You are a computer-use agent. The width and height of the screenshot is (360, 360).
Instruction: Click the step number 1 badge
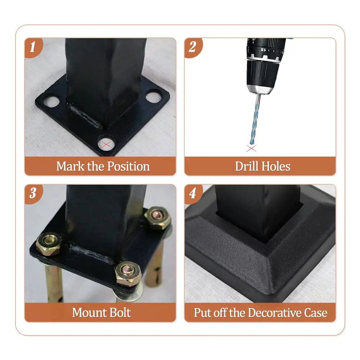[x=33, y=46]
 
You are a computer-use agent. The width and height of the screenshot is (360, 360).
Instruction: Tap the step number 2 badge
[x=193, y=46]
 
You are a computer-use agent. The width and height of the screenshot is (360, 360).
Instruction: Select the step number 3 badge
[x=33, y=193]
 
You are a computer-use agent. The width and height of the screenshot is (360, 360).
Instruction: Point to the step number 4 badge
[x=193, y=193]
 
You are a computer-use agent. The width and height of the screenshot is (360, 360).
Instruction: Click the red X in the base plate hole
[x=106, y=145]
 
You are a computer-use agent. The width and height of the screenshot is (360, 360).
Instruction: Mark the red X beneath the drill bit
[x=251, y=148]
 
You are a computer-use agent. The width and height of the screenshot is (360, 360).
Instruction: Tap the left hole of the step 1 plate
[x=51, y=100]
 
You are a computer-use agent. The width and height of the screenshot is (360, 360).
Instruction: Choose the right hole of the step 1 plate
[x=153, y=96]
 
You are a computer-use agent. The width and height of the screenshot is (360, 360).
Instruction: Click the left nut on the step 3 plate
[x=48, y=242]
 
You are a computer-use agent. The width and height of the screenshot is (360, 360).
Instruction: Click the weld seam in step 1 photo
[x=85, y=114]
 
